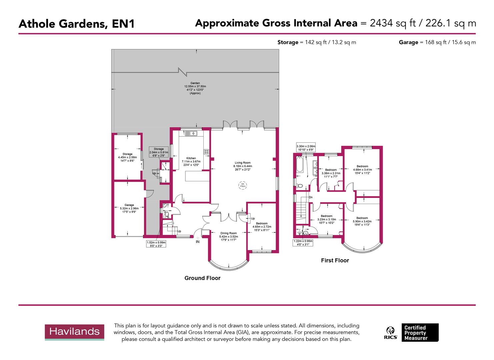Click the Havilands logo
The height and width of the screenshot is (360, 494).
point(74,332)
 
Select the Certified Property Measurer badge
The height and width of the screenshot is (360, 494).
point(420,332)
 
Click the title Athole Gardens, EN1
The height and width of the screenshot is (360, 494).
point(77,24)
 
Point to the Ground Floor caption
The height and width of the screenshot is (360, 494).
point(202,278)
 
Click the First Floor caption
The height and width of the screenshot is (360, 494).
point(335,260)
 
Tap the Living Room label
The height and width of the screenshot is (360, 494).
point(242,166)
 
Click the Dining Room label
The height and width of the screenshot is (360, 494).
point(228,236)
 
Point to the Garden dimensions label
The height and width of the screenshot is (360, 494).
point(195,88)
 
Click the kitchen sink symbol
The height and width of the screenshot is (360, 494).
point(191,133)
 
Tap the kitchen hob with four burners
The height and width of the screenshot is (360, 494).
point(206,152)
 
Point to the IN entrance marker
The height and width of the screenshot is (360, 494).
point(198,242)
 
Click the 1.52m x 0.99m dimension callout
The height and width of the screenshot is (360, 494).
point(156,244)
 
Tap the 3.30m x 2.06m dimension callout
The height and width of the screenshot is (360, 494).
point(306,148)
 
